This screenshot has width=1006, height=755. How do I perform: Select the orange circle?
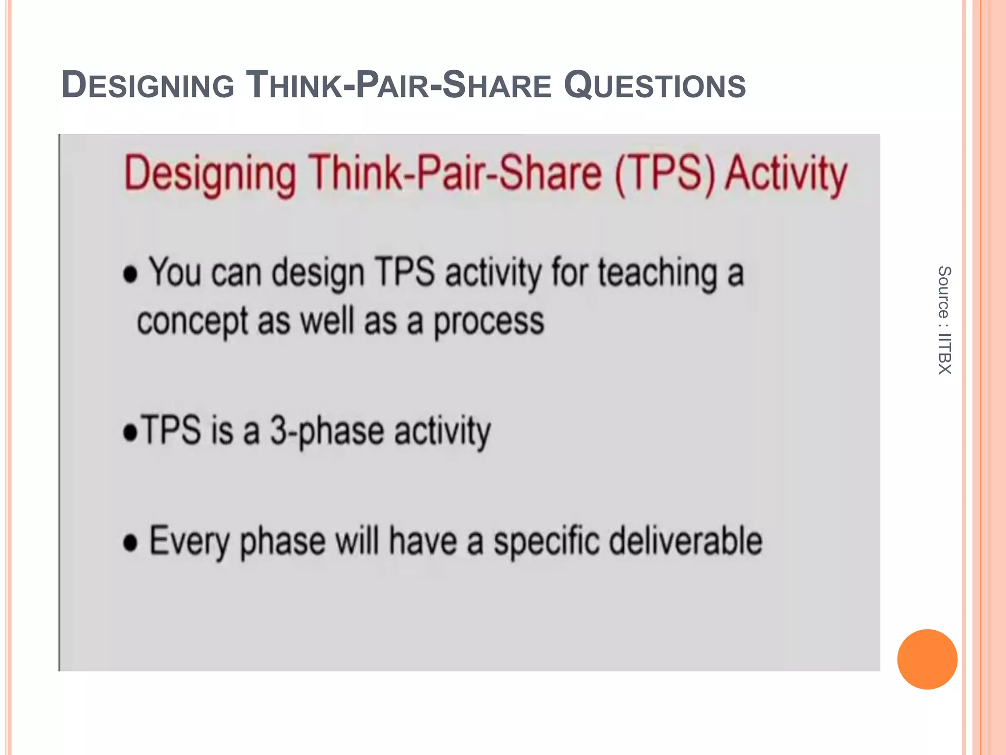(927, 659)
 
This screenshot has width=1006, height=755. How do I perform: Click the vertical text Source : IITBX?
(944, 320)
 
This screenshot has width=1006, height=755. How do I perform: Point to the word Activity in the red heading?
(786, 174)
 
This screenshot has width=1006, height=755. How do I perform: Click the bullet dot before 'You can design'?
(130, 275)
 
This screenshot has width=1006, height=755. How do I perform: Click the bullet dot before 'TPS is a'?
(130, 433)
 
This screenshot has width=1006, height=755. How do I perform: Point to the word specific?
(546, 542)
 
